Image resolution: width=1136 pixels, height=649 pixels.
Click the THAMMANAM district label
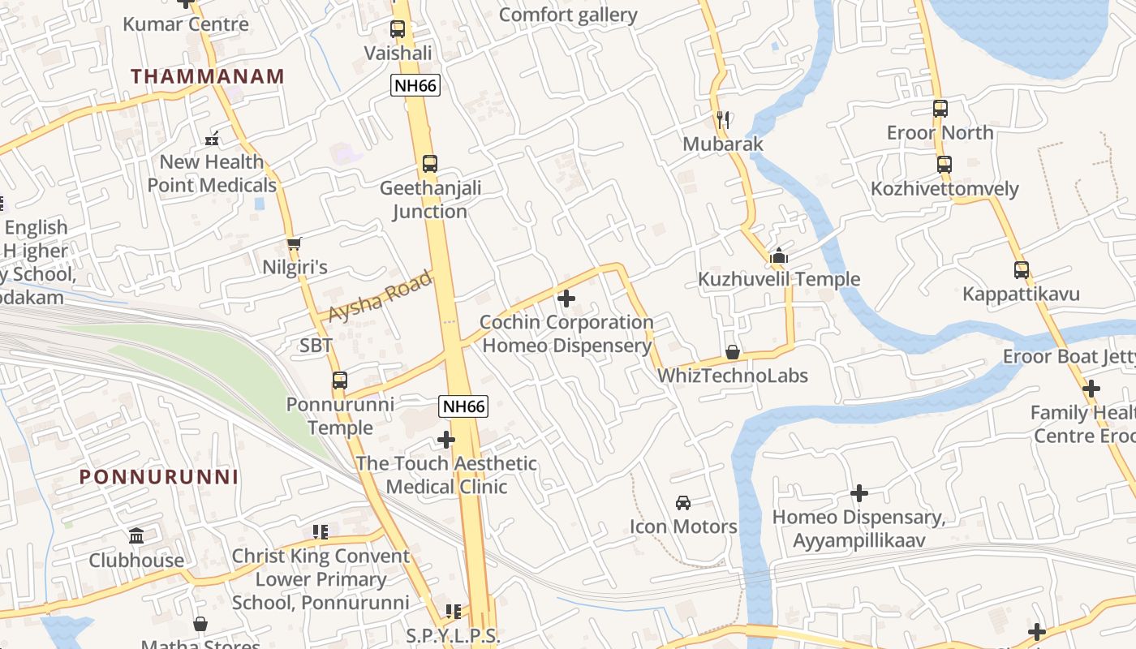(208, 76)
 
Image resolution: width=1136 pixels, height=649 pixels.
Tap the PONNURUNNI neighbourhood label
(159, 477)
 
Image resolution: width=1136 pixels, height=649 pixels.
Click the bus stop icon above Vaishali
(398, 29)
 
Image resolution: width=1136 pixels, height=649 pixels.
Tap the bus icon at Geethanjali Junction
(430, 164)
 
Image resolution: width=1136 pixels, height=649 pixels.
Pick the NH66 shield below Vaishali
(415, 85)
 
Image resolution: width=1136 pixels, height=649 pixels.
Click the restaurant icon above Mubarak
(723, 121)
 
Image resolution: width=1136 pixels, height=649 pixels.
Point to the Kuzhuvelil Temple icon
(779, 256)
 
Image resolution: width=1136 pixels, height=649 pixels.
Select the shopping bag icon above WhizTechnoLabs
(733, 352)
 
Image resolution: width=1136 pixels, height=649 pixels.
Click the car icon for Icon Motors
(683, 503)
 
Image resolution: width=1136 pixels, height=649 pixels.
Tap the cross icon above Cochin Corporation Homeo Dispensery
(566, 299)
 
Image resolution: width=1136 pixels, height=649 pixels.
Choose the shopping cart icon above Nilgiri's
(294, 243)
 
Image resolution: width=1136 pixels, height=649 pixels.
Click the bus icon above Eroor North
(940, 109)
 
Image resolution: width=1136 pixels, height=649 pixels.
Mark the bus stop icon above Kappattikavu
(1021, 270)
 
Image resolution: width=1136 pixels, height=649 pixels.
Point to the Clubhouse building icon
(136, 536)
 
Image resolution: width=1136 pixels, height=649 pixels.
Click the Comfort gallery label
(568, 15)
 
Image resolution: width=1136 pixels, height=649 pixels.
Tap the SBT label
(316, 346)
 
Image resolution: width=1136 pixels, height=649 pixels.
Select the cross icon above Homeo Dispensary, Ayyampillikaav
(859, 493)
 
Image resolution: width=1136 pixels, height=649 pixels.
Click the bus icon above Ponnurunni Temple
(340, 380)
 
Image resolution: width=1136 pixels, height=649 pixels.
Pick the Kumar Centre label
(186, 24)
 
